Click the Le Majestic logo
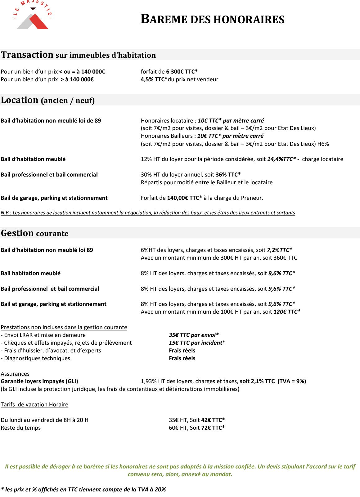[x=33, y=16]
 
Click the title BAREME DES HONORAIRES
[x=212, y=19]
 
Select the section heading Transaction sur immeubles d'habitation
[x=78, y=55]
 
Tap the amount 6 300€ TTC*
[x=182, y=72]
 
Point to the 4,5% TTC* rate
[x=154, y=79]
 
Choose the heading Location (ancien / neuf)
[x=48, y=100]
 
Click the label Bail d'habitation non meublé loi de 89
[x=51, y=121]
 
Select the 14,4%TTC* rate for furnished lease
[x=281, y=159]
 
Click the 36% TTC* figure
[x=228, y=175]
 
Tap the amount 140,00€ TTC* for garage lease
[x=184, y=198]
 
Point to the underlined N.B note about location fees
[x=148, y=213]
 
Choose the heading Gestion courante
[x=34, y=233]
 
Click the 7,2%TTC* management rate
[x=279, y=250]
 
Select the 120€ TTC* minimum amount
[x=287, y=312]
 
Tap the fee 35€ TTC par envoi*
[x=194, y=335]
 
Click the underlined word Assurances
[x=15, y=374]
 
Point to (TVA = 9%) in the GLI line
[x=292, y=381]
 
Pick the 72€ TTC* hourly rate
[x=213, y=428]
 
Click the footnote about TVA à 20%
[x=83, y=490]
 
